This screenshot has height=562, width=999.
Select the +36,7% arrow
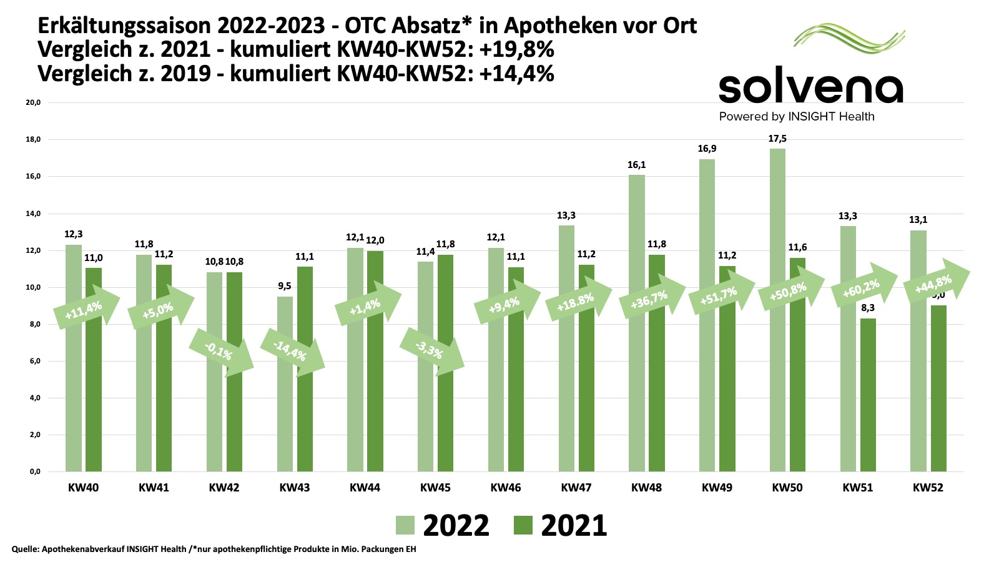coord(652,298)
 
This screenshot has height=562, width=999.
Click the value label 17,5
coord(777,139)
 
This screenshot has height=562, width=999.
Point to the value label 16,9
coord(707,149)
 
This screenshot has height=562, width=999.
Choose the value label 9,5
coord(285,286)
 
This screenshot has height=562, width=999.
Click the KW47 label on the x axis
coord(576,488)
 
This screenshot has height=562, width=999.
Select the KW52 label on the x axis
coord(928,488)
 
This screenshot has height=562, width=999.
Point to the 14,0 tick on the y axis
coord(33,214)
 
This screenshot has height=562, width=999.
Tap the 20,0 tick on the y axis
coord(33,102)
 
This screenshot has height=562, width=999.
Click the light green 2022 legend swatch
coord(405,525)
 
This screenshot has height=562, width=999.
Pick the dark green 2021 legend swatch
coord(523,525)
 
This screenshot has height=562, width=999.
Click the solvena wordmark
coord(811,89)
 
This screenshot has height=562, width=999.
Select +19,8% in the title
coord(517,49)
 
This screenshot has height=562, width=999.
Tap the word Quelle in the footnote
coord(24,550)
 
